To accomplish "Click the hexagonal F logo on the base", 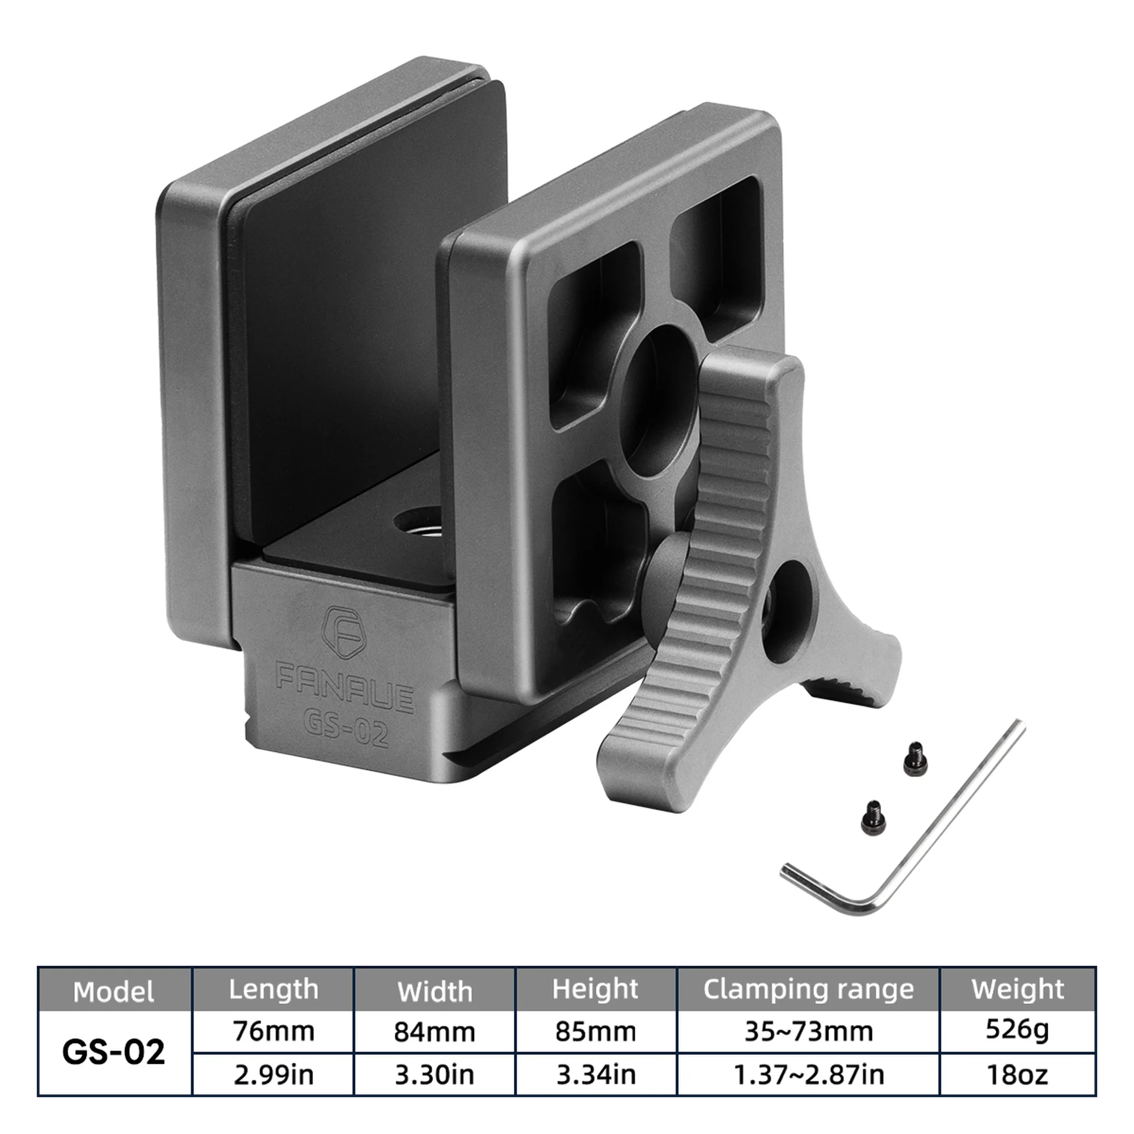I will click(x=344, y=633).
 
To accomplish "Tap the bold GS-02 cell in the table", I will click(x=114, y=1053).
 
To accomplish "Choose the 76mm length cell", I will click(x=274, y=1031).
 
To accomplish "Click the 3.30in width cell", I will click(x=434, y=1074).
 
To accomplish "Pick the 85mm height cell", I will click(x=596, y=1031).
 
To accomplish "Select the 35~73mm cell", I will click(x=808, y=1031).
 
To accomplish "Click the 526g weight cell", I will click(x=1017, y=1029).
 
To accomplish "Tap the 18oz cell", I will click(x=1017, y=1074).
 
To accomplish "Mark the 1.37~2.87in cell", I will click(x=808, y=1074).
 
